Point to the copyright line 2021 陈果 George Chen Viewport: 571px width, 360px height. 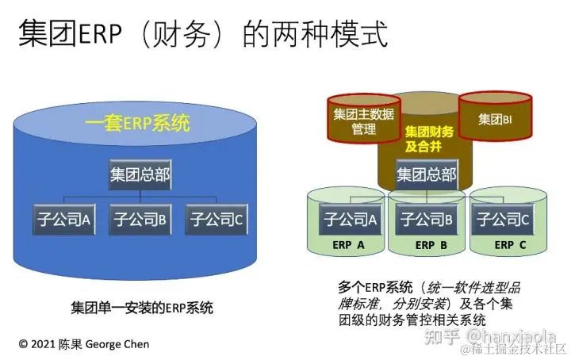(x=83, y=344)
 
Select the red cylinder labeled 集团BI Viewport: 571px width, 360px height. (x=496, y=120)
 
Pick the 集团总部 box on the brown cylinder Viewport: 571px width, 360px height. (x=427, y=174)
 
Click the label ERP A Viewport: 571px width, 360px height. (x=348, y=245)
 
